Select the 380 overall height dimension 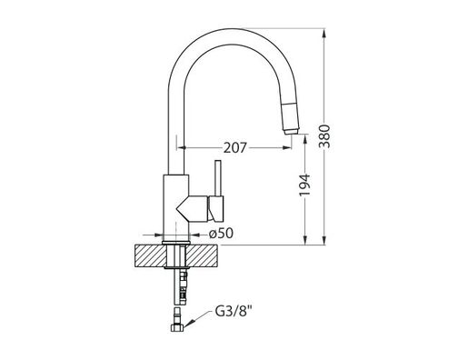pos(337,135)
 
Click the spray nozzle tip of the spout pos(289,129)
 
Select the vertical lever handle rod pos(217,178)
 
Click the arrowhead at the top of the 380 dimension pos(325,35)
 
